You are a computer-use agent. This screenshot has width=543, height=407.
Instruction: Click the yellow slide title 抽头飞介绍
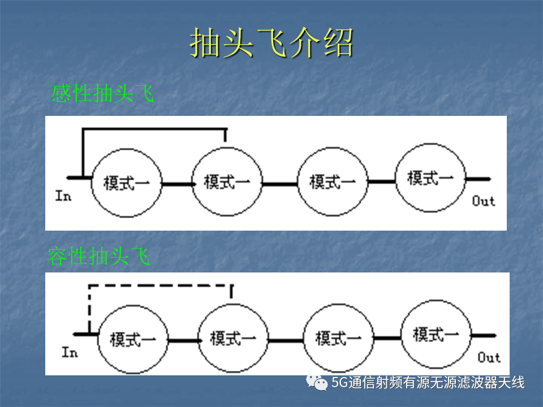pos(271,42)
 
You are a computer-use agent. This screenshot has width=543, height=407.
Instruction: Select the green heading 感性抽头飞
pos(102,93)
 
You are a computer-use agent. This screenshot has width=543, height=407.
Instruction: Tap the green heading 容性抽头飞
pos(98,256)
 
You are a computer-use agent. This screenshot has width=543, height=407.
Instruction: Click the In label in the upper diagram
pos(63,196)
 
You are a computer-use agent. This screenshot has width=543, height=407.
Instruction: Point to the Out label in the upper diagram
pos(484,201)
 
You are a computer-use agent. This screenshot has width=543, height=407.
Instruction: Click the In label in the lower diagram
pos(70,352)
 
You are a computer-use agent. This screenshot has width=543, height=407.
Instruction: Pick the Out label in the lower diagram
pos(489,357)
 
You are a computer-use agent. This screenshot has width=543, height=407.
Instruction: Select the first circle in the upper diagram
pos(127,149)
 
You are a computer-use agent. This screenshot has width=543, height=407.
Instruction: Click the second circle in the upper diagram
pos(227,148)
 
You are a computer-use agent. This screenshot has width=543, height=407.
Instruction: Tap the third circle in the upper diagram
pos(333,148)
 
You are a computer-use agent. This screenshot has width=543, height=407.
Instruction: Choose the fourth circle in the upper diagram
pos(430,143)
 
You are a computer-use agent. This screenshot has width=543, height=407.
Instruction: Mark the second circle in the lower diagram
pos(233,304)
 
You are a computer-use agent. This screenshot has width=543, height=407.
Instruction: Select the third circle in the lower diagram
pos(338,304)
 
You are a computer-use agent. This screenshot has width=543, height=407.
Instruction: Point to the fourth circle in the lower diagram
pos(436,300)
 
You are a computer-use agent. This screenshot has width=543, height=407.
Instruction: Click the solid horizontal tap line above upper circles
pos(154,129)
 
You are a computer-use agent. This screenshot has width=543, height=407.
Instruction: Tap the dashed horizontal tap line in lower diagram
pos(161,285)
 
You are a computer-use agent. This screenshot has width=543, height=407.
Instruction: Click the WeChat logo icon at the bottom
pos(317,382)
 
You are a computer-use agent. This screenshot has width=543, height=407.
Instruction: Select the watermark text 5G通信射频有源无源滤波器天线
pos(428,383)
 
